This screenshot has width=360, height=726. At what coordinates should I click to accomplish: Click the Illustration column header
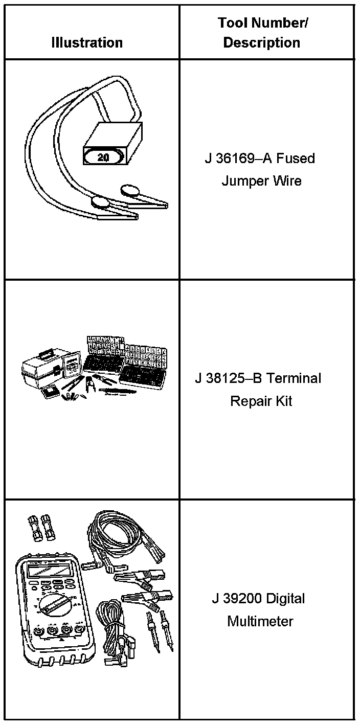(x=87, y=42)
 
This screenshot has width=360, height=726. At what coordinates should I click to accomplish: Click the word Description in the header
(x=261, y=42)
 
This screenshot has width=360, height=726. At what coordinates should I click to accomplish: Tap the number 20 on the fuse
(x=103, y=157)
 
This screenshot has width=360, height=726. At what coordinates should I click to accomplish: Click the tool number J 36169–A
(x=237, y=158)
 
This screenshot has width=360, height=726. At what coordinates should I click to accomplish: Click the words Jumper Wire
(x=261, y=181)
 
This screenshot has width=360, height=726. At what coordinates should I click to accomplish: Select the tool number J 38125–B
(x=229, y=378)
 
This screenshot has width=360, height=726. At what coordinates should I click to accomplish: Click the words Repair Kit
(x=261, y=401)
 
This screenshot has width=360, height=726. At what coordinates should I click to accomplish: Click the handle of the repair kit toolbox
(x=46, y=353)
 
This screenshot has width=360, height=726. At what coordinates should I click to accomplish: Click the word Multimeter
(x=260, y=621)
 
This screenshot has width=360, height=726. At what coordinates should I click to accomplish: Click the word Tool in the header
(x=230, y=23)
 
